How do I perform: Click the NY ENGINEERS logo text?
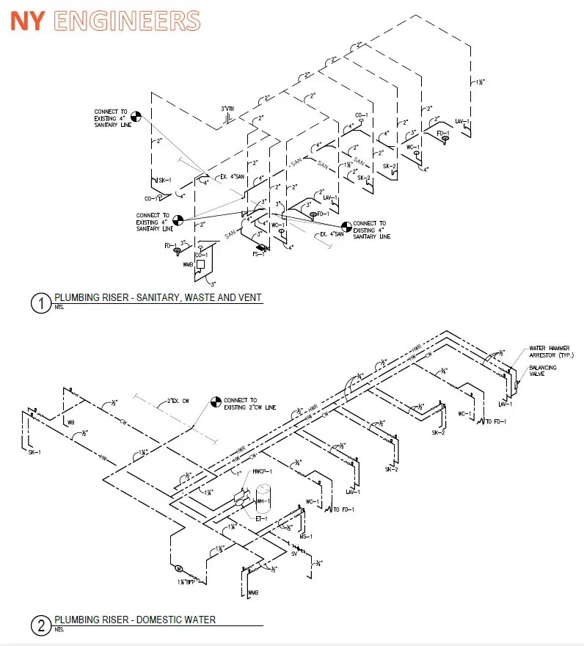tap(105, 21)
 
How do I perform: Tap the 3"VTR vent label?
tap(228, 109)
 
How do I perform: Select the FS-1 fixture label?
tap(259, 254)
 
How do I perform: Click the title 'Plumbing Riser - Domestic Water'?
tap(135, 620)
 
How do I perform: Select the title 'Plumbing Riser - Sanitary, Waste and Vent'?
tap(158, 297)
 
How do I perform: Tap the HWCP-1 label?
tap(262, 471)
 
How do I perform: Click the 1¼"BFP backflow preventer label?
tap(186, 581)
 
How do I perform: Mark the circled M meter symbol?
tap(176, 568)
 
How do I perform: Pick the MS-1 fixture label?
tap(307, 537)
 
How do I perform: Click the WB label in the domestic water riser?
tap(71, 423)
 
